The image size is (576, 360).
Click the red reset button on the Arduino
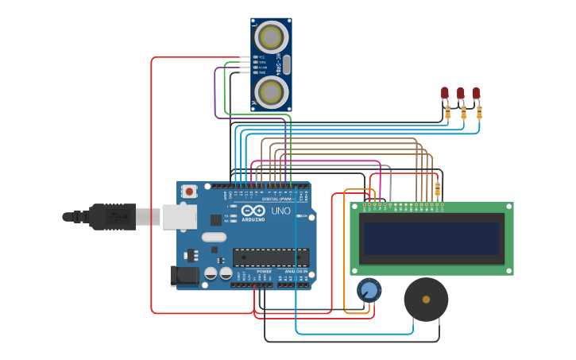[x=189, y=191]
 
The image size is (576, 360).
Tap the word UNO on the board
[x=280, y=211]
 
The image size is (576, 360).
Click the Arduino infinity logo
[x=253, y=211]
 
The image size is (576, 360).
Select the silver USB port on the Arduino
[x=179, y=216]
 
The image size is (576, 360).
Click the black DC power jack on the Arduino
[x=184, y=276]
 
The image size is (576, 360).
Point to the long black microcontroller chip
[x=271, y=257]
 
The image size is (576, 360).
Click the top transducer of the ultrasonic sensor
[x=271, y=37]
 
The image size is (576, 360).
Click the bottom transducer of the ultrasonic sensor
[x=271, y=91]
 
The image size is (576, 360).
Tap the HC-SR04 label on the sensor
[x=279, y=64]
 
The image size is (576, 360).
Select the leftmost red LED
[x=445, y=93]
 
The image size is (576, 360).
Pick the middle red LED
[x=461, y=94]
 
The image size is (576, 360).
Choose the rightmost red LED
[x=476, y=93]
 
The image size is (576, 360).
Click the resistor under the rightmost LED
[x=479, y=112]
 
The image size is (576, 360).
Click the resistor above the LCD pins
[x=437, y=188]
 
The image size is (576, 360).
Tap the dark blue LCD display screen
[x=431, y=238]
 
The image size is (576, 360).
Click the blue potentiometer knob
[x=369, y=290]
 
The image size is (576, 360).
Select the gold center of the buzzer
[x=426, y=300]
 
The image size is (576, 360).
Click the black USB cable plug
[x=111, y=216]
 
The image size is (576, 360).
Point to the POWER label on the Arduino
[x=264, y=272]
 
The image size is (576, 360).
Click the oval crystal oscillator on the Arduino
[x=214, y=237]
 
